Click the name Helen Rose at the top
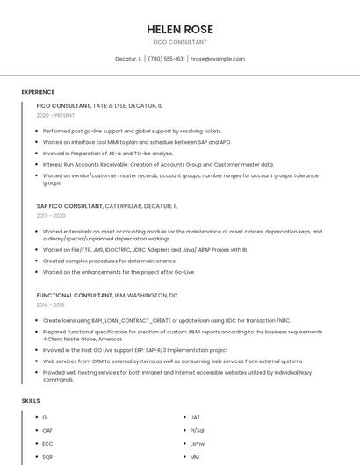click(180, 29)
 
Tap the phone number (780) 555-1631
click(167, 59)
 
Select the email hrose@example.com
click(218, 59)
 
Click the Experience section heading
click(38, 92)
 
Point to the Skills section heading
click(31, 400)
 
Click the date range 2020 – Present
click(55, 115)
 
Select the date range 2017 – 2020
click(51, 215)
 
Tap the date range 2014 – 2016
click(50, 304)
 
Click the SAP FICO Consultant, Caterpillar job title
click(107, 205)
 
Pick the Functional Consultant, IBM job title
click(107, 296)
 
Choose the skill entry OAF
click(47, 430)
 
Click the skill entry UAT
click(195, 417)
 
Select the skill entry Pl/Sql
click(197, 430)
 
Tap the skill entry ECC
click(47, 443)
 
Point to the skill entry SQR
click(47, 456)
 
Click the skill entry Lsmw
click(197, 443)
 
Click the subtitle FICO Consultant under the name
click(180, 42)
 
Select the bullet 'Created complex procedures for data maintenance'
click(110, 261)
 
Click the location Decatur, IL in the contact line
click(128, 59)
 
